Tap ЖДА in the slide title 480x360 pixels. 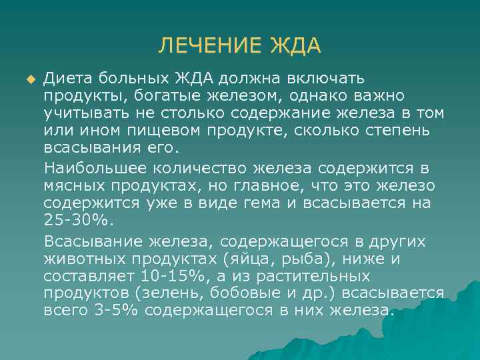295,46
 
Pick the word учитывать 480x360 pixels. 86,113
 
